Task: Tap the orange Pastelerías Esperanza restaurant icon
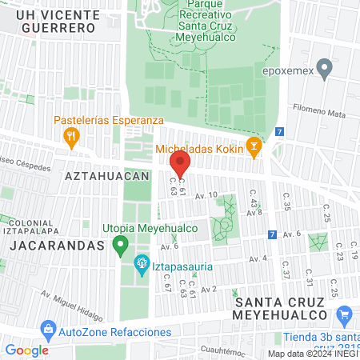pyautogui.click(x=71, y=136)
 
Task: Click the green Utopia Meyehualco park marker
pyautogui.click(x=120, y=244)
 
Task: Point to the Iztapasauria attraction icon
pyautogui.click(x=142, y=262)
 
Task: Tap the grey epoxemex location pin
pyautogui.click(x=324, y=68)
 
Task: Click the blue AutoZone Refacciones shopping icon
pyautogui.click(x=48, y=328)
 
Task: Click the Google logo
pyautogui.click(x=26, y=350)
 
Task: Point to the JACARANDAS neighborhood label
pyautogui.click(x=57, y=246)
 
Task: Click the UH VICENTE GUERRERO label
pyautogui.click(x=54, y=21)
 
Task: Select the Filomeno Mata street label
pyautogui.click(x=318, y=112)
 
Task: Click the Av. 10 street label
pyautogui.click(x=206, y=194)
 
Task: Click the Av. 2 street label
pyautogui.click(x=209, y=289)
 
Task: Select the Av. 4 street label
pyautogui.click(x=258, y=258)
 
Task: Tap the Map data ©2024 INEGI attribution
pyautogui.click(x=312, y=354)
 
